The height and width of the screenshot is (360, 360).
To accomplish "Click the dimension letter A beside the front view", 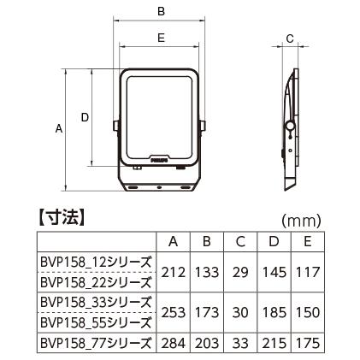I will click(x=58, y=129).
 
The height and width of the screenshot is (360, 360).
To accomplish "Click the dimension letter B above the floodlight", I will click(x=161, y=11).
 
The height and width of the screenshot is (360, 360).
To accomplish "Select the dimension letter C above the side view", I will click(x=290, y=38).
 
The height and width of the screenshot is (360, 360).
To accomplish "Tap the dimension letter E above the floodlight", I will click(x=161, y=38).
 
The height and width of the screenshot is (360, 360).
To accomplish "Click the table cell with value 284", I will click(x=174, y=344).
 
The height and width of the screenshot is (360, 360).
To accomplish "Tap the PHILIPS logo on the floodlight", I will click(x=176, y=158).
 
